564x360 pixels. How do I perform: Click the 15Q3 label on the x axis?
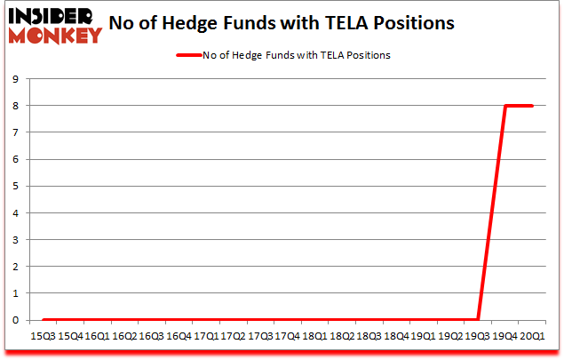(43, 337)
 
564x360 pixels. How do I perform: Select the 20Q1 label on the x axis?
(532, 337)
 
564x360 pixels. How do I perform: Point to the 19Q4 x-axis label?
(505, 337)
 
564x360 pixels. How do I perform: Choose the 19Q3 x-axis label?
(478, 337)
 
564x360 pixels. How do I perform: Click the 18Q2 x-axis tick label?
(342, 337)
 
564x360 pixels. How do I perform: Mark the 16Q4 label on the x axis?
(179, 337)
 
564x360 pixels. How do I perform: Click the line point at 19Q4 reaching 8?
(505, 106)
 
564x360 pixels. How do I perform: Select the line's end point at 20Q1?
(532, 106)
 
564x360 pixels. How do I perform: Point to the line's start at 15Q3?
(43, 320)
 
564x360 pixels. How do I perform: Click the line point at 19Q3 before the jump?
(478, 320)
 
